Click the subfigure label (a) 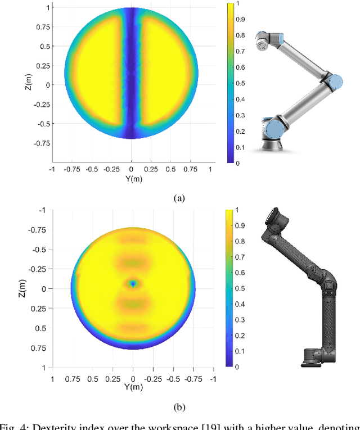[179, 197]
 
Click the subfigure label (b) [179, 405]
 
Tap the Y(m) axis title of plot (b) [133, 387]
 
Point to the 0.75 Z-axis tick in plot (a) [42, 26]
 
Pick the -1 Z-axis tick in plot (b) [42, 210]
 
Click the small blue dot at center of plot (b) [133, 284]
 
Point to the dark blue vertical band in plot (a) [132, 84]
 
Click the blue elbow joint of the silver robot [334, 82]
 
